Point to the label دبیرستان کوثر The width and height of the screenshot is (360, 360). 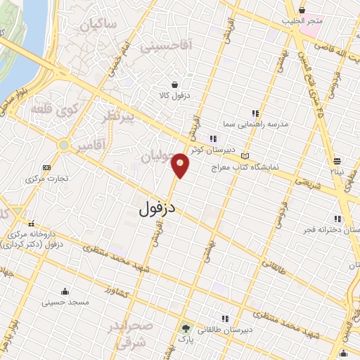tap(229, 150)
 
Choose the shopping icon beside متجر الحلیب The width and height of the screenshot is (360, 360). tap(302, 11)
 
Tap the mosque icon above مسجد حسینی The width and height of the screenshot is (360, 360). tap(65, 292)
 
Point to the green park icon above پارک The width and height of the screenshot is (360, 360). tap(186, 328)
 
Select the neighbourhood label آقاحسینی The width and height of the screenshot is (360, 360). tap(165, 46)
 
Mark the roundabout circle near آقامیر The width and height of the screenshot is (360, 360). tap(64, 146)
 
